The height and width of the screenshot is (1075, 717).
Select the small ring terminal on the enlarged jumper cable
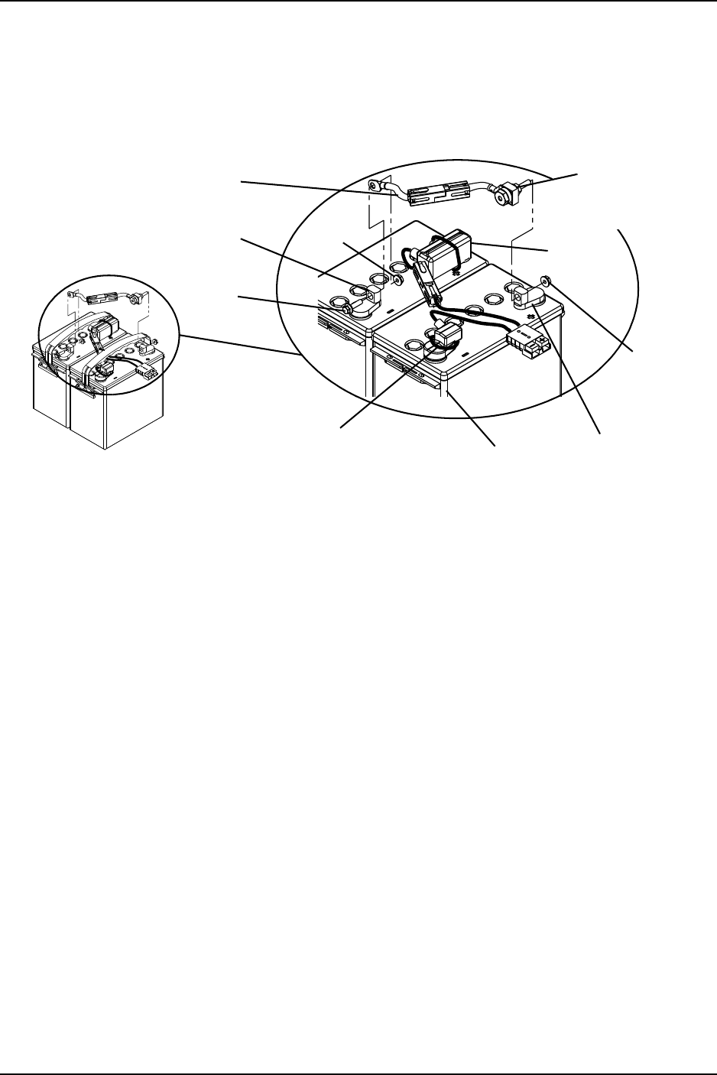375,184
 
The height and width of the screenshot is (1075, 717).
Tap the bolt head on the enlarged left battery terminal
349,309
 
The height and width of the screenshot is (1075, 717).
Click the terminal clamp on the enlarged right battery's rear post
527,294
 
